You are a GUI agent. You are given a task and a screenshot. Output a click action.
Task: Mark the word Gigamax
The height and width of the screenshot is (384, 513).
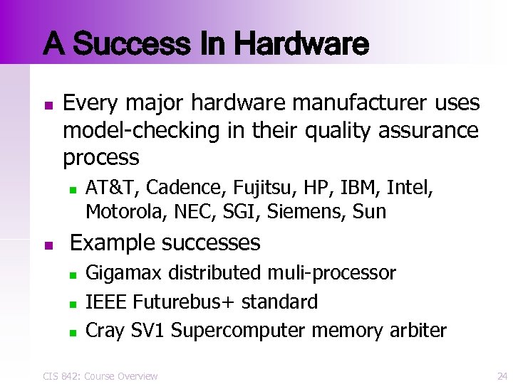pyautogui.click(x=123, y=273)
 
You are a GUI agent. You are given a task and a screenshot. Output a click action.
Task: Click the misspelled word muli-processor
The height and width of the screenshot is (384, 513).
pyautogui.click(x=333, y=273)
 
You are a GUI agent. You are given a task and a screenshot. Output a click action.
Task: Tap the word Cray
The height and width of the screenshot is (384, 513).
pyautogui.click(x=105, y=331)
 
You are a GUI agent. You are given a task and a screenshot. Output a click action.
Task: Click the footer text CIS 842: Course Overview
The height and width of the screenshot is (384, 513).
pyautogui.click(x=100, y=375)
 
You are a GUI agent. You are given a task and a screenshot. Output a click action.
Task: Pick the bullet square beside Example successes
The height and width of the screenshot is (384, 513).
pyautogui.click(x=47, y=246)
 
